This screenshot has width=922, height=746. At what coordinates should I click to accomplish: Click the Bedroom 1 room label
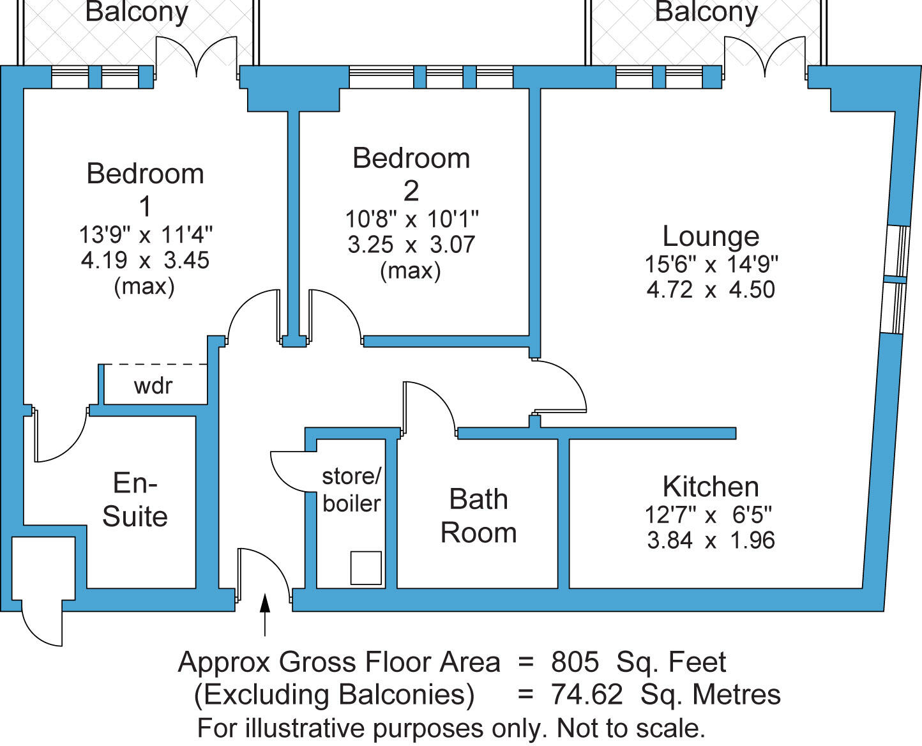tap(145, 190)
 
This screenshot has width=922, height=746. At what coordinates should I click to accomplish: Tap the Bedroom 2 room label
tap(411, 174)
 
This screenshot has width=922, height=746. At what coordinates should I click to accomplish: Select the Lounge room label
tap(711, 236)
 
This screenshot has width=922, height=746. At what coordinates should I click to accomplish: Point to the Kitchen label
tap(711, 487)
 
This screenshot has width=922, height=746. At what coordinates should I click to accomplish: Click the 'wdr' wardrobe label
tap(153, 386)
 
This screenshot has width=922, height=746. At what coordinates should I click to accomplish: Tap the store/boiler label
tap(351, 490)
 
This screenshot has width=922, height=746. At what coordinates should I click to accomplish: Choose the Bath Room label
tap(478, 515)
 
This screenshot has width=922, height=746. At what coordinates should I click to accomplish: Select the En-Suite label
tap(135, 499)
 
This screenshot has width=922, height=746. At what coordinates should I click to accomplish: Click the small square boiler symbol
tap(366, 568)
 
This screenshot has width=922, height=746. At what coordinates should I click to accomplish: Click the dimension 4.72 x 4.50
tap(711, 289)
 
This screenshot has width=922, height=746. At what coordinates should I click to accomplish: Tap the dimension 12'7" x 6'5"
tap(711, 514)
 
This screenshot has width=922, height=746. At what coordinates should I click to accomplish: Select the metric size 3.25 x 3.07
tap(411, 245)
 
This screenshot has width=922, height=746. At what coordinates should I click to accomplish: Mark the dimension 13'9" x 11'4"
tap(146, 234)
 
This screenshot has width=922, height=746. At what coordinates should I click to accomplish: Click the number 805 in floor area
tap(575, 662)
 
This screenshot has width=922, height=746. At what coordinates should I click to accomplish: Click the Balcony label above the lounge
tap(706, 11)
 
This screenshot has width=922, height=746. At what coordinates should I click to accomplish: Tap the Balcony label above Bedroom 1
tap(137, 11)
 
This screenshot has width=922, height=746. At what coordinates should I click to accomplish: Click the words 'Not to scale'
tap(630, 728)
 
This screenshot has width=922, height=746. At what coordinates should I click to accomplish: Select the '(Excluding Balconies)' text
tap(334, 694)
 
